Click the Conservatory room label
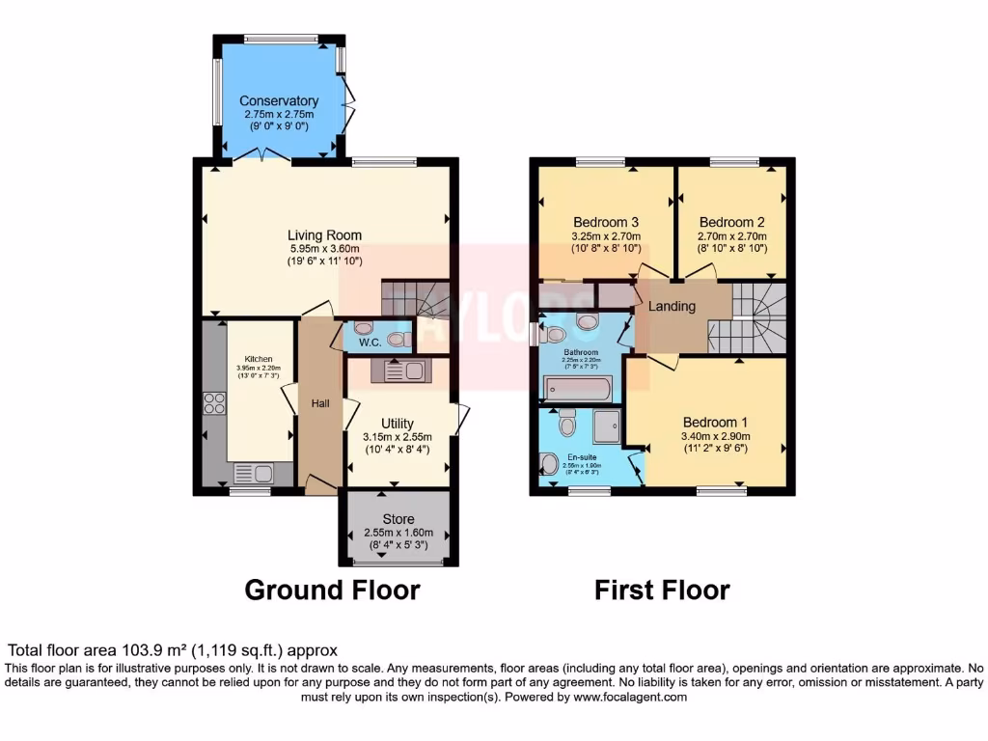pos(279,101)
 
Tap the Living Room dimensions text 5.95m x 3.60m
pos(324,247)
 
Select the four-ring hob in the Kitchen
pos(214,402)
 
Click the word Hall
pos(319,403)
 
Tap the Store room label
pos(398,520)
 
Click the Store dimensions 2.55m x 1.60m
pos(398,534)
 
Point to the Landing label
pos(672,307)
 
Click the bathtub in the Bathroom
pos(577,390)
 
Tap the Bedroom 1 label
pos(715,423)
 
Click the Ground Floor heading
pos(332,590)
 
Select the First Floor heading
pos(662,590)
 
